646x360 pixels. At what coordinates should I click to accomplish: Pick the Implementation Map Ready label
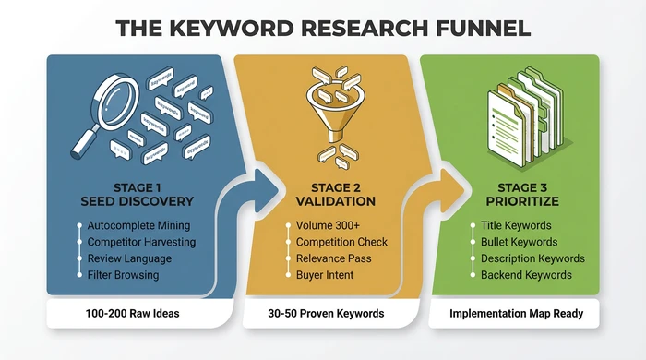click(x=516, y=314)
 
